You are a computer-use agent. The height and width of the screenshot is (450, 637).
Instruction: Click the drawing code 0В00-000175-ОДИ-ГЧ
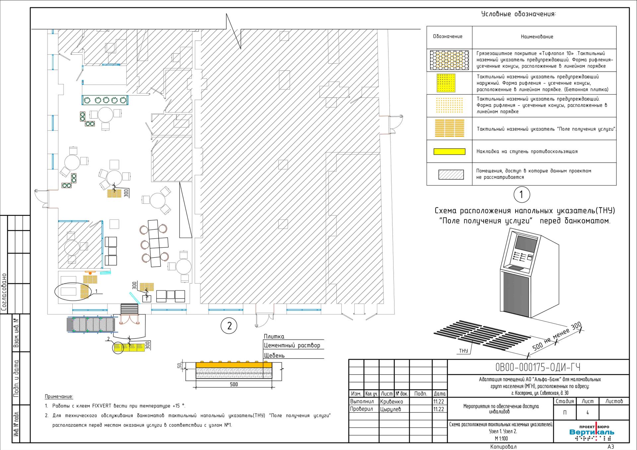click(538, 367)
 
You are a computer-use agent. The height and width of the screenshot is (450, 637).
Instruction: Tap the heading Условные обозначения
click(518, 14)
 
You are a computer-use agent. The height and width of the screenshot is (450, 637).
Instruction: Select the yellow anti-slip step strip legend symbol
click(449, 152)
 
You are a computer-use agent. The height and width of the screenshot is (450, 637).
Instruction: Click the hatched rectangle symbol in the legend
click(451, 174)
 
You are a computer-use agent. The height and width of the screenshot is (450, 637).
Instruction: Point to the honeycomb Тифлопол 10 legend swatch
click(449, 60)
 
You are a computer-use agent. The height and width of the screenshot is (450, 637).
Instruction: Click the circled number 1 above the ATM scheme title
click(522, 195)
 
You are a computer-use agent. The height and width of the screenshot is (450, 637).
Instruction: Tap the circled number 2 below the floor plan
click(229, 326)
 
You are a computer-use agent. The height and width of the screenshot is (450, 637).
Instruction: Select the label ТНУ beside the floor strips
click(463, 351)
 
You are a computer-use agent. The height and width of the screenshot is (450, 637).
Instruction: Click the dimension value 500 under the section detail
click(234, 384)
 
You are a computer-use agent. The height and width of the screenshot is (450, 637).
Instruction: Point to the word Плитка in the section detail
click(274, 337)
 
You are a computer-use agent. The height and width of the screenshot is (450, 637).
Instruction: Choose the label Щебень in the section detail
click(274, 355)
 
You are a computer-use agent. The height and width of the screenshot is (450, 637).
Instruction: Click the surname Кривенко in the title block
click(391, 402)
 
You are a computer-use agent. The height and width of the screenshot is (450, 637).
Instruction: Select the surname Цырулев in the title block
click(390, 409)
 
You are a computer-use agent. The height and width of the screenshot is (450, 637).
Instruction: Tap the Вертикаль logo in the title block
click(592, 432)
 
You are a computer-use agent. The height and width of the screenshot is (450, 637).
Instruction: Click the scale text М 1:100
click(501, 438)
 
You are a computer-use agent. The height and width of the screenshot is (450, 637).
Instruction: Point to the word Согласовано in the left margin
click(4, 292)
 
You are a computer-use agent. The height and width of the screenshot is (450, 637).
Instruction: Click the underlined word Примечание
click(59, 397)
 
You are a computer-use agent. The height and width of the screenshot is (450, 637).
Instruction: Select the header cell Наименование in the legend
click(537, 37)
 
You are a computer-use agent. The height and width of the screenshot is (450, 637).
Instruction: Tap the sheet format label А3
click(611, 447)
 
